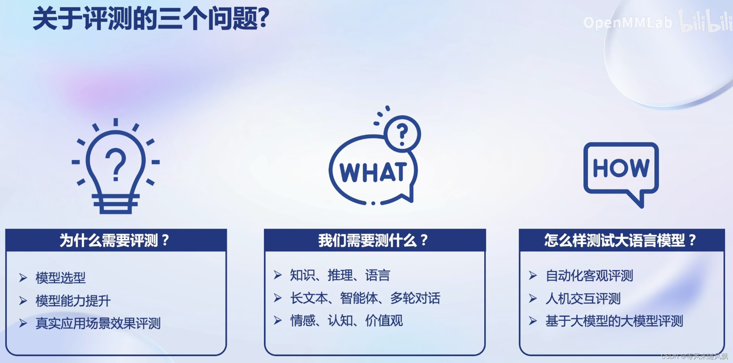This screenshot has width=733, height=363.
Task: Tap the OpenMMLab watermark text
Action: [x=628, y=23]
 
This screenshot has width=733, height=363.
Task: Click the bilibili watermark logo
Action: [x=705, y=22]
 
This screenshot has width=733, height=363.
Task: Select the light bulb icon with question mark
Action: [x=116, y=166]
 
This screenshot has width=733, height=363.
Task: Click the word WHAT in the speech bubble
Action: [x=373, y=172]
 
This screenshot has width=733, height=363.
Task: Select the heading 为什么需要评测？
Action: [x=115, y=240]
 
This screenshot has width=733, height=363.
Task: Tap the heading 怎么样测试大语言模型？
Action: [x=621, y=240]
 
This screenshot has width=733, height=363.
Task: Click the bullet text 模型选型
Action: [x=61, y=278]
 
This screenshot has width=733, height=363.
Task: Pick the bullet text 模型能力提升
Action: [x=73, y=301]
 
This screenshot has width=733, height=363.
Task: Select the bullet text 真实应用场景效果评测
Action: [x=98, y=323]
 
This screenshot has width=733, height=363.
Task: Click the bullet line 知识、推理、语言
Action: [x=340, y=275]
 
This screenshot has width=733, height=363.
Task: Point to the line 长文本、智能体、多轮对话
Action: [x=365, y=298]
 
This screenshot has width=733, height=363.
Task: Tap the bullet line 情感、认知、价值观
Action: [x=346, y=320]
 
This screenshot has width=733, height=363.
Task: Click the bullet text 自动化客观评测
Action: [x=589, y=276]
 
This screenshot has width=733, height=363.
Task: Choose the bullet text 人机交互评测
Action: [x=583, y=299]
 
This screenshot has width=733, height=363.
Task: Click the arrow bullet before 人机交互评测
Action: [x=533, y=299]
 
